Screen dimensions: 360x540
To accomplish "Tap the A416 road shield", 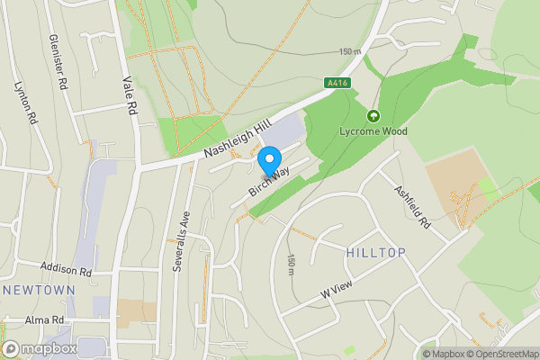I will tap(337, 84).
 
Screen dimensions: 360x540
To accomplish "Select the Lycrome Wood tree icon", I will tap(373, 115).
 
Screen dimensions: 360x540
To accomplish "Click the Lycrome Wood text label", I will tap(373, 131).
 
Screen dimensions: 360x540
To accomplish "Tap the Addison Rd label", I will tap(67, 270).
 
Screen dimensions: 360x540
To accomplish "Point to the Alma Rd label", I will tap(45, 319).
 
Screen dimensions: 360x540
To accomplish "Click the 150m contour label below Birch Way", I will tap(290, 263).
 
